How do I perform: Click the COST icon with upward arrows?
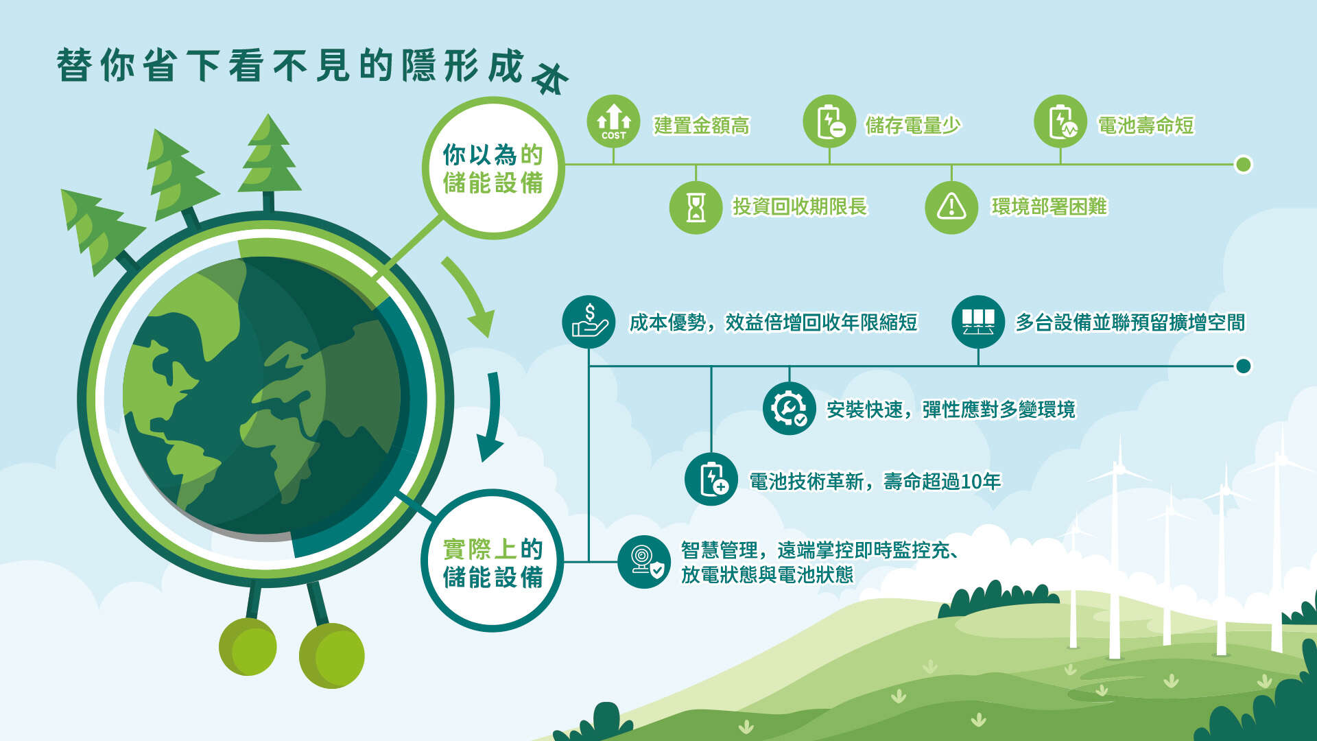tap(613, 121)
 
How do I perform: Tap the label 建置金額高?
tap(702, 126)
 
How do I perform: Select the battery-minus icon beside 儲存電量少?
tap(829, 121)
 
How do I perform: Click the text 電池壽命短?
tap(1146, 126)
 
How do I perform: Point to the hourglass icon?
tap(696, 207)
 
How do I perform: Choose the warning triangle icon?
tap(951, 207)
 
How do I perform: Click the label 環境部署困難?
tap(1049, 207)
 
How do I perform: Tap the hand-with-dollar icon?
tap(589, 322)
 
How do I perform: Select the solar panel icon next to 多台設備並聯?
tap(978, 322)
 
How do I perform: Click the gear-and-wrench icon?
tap(789, 408)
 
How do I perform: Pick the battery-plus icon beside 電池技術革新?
tap(711, 479)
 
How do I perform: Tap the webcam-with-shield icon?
tap(644, 562)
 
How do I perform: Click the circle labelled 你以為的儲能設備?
tap(493, 168)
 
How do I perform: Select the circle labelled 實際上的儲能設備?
tap(493, 561)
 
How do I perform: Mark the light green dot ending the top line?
tap(1243, 165)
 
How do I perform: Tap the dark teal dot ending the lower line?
tap(1243, 366)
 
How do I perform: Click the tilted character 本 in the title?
tap(551, 78)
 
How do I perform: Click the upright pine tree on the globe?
tap(269, 162)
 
